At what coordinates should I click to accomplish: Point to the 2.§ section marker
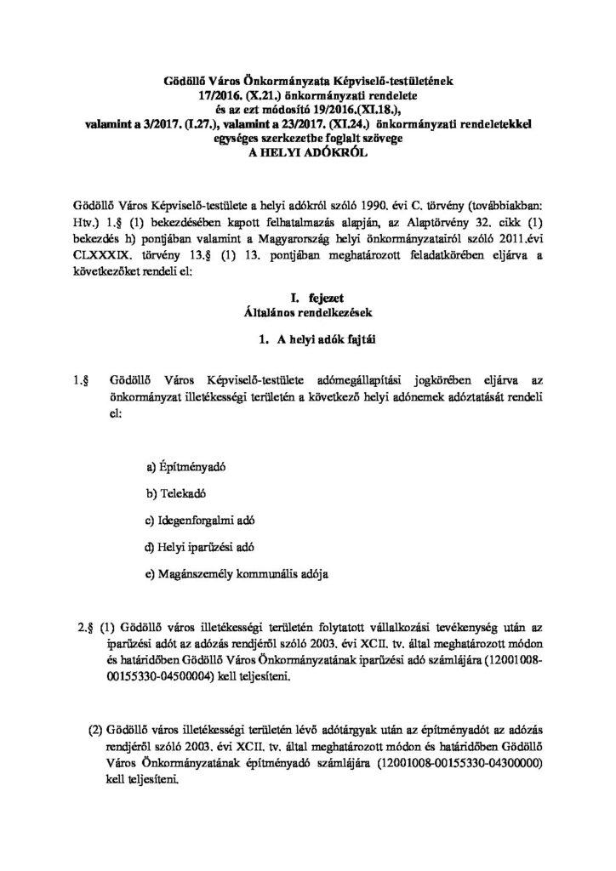tap(85, 629)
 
